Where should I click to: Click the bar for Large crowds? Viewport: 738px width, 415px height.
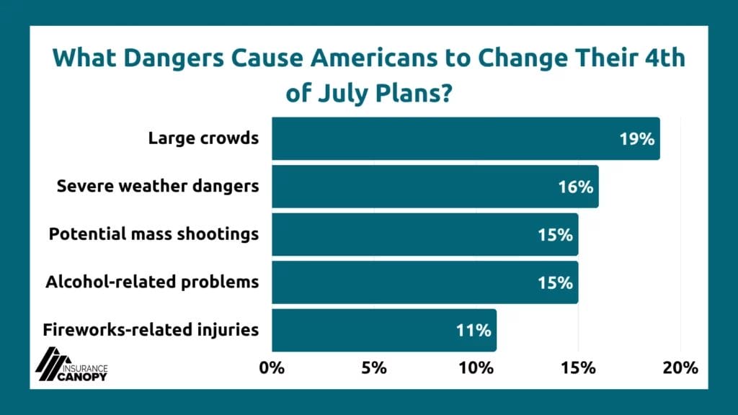[x=466, y=138]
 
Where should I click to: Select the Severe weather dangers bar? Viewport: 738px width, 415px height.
[x=435, y=187]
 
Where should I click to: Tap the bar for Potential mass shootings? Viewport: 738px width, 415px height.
[x=424, y=234]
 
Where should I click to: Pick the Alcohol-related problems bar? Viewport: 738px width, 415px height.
[x=424, y=282]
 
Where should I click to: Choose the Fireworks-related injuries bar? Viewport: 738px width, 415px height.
[x=384, y=330]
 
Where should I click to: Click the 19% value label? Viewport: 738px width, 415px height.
[x=636, y=138]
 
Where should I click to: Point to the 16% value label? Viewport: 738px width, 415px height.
[x=575, y=187]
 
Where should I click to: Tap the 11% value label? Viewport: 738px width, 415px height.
[x=474, y=330]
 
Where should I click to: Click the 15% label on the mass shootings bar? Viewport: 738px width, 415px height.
[x=555, y=234]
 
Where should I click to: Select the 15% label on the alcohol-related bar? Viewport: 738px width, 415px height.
[x=555, y=282]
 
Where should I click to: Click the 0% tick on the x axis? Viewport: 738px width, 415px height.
[x=272, y=367]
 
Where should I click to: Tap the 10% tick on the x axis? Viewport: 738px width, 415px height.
[x=476, y=367]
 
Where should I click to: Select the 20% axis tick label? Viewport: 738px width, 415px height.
[x=680, y=367]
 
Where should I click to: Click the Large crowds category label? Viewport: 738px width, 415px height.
[x=203, y=138]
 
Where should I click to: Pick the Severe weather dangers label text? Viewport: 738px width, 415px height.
[x=158, y=187]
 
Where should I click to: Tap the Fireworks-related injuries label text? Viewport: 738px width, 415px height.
[x=151, y=330]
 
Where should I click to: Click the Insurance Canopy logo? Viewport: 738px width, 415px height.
[x=71, y=364]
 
